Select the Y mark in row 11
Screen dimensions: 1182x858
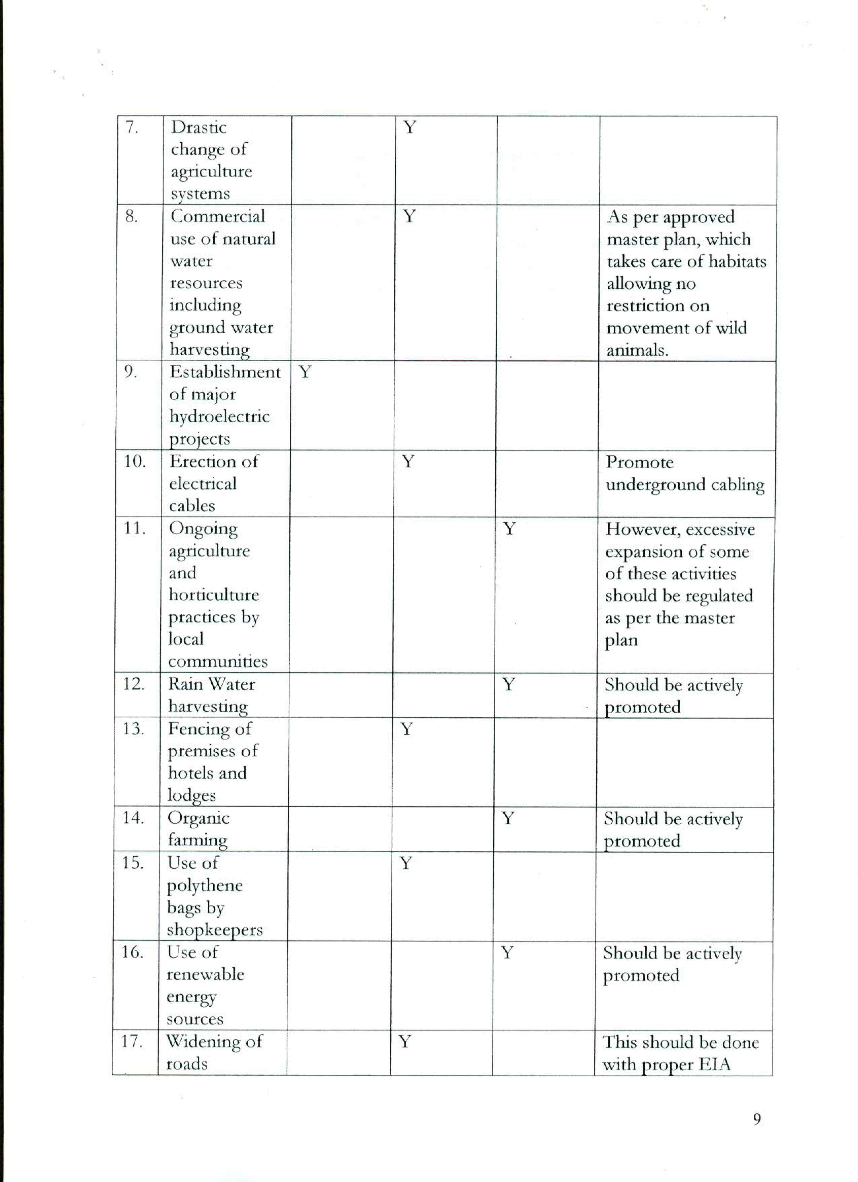coord(509,529)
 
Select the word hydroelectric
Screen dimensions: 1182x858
coord(219,417)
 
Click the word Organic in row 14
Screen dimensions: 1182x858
coord(198,818)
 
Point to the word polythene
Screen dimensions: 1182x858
coord(205,886)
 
